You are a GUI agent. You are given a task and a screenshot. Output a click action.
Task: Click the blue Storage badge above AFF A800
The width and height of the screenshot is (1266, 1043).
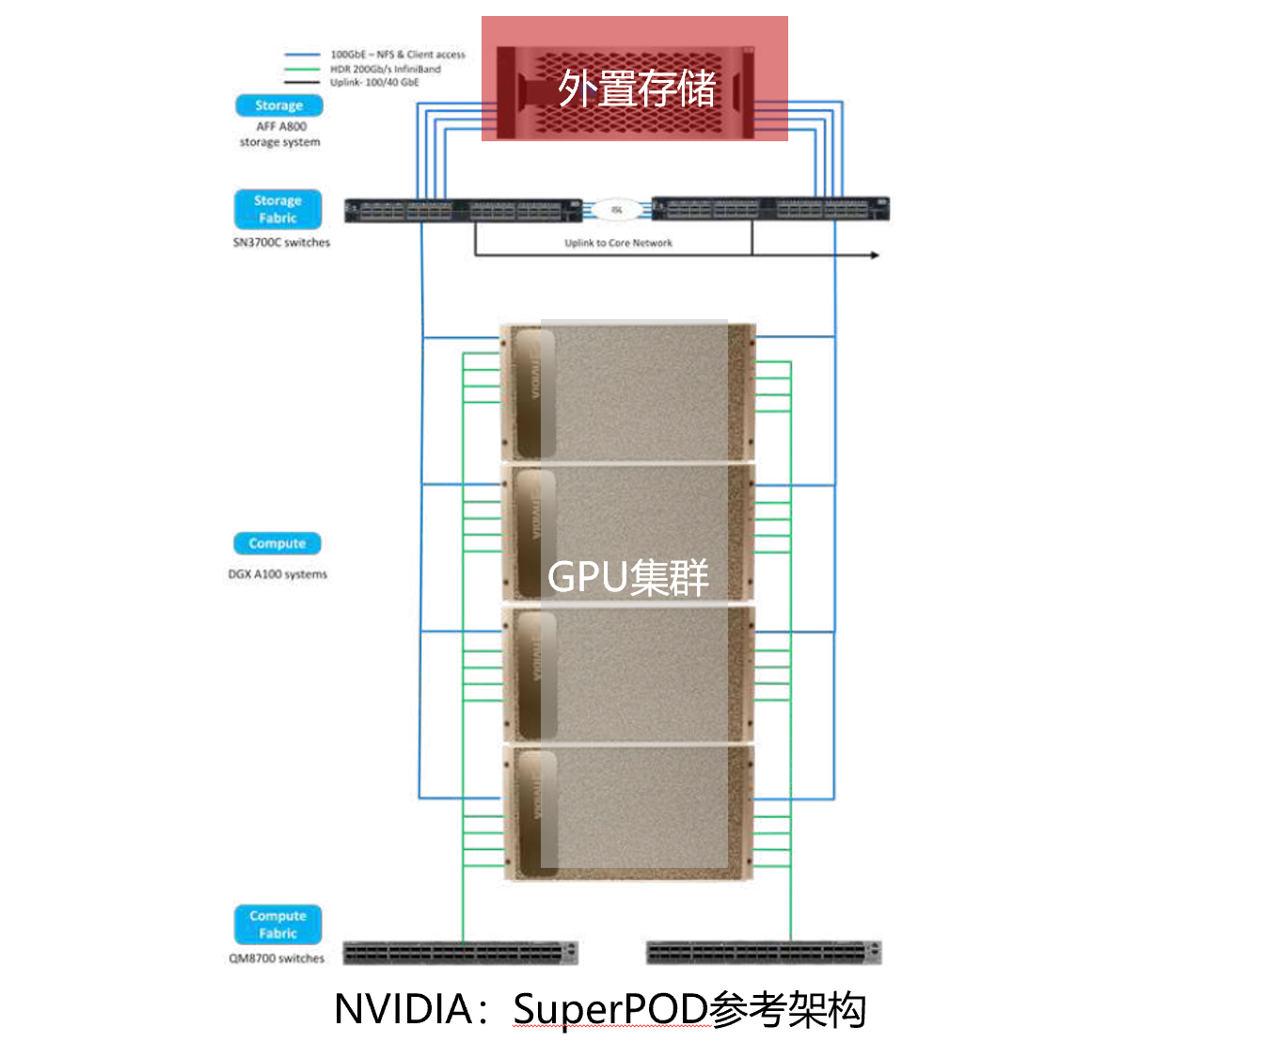(278, 105)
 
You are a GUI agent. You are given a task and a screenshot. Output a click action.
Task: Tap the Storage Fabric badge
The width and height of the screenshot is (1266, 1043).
(277, 209)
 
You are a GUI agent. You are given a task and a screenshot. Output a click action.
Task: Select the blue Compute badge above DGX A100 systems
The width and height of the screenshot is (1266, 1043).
(277, 543)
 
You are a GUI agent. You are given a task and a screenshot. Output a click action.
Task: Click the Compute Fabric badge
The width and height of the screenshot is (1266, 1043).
(277, 924)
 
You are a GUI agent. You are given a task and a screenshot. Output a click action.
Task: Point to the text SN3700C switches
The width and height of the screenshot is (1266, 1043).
(281, 242)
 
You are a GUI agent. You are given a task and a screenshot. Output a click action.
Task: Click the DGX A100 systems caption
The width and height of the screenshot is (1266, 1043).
(277, 574)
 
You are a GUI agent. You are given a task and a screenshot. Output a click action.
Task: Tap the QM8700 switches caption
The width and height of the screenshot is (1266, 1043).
(277, 958)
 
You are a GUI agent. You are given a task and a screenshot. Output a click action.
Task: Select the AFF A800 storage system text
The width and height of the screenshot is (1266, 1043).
(280, 134)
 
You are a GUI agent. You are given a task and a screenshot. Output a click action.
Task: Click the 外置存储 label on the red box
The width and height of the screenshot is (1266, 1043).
(636, 88)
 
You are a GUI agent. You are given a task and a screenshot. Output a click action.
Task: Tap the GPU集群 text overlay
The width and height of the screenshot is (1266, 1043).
(627, 577)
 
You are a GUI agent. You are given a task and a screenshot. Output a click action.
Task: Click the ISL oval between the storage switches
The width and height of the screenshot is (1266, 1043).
(617, 210)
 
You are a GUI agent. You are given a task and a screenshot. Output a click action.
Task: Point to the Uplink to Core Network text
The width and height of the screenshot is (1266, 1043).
(618, 243)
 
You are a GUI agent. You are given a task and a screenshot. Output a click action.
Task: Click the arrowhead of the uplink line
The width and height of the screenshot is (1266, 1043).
(875, 255)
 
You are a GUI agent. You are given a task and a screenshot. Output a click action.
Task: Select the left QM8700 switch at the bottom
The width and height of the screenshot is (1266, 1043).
(460, 953)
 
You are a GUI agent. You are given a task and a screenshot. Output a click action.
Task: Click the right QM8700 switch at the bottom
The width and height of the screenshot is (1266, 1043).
(764, 953)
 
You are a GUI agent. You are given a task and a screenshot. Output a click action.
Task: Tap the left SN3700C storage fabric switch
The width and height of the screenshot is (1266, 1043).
(463, 210)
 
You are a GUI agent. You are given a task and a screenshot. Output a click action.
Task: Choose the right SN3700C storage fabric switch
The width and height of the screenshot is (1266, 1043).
(770, 209)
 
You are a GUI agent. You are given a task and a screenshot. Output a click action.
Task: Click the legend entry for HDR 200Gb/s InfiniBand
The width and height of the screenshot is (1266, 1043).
(385, 69)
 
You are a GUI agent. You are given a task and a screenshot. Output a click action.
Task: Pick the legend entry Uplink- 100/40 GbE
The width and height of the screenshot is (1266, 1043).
(374, 83)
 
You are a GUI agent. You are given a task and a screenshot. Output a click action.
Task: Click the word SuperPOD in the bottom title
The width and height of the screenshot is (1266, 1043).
(610, 1009)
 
